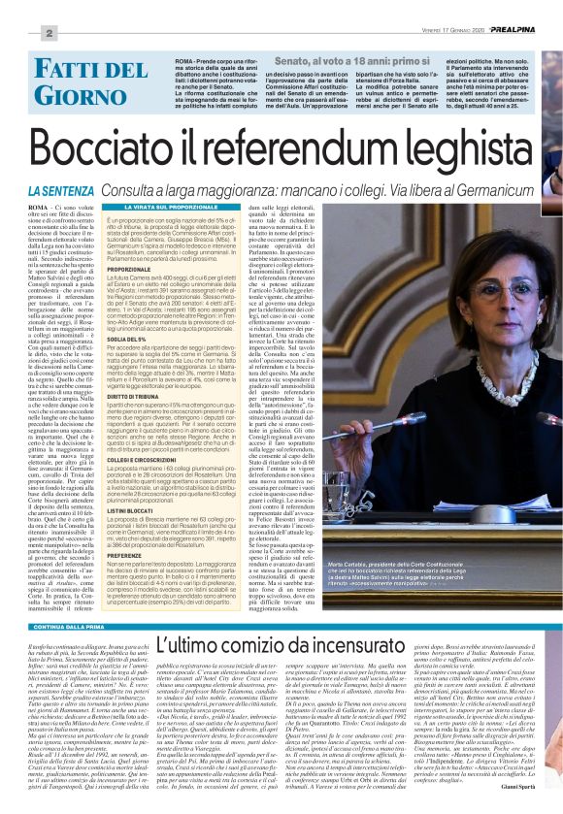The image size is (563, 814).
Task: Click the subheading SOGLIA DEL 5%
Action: point(136,309)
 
